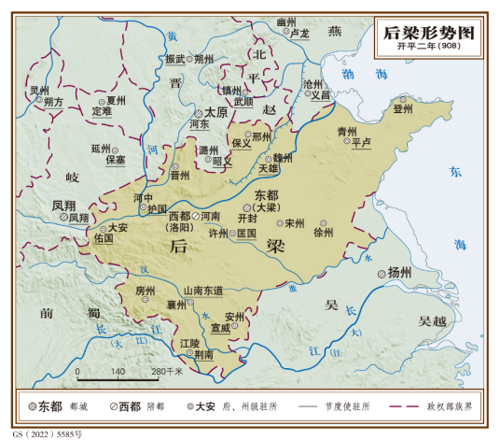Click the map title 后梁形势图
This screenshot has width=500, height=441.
428,33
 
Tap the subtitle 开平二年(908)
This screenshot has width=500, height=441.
428,48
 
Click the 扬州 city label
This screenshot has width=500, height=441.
399,273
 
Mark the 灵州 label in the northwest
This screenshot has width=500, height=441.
38,91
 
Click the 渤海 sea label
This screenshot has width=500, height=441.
359,73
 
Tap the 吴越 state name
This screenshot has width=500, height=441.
435,321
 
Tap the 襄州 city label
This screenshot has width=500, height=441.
175,305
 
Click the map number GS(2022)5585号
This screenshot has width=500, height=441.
43,434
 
